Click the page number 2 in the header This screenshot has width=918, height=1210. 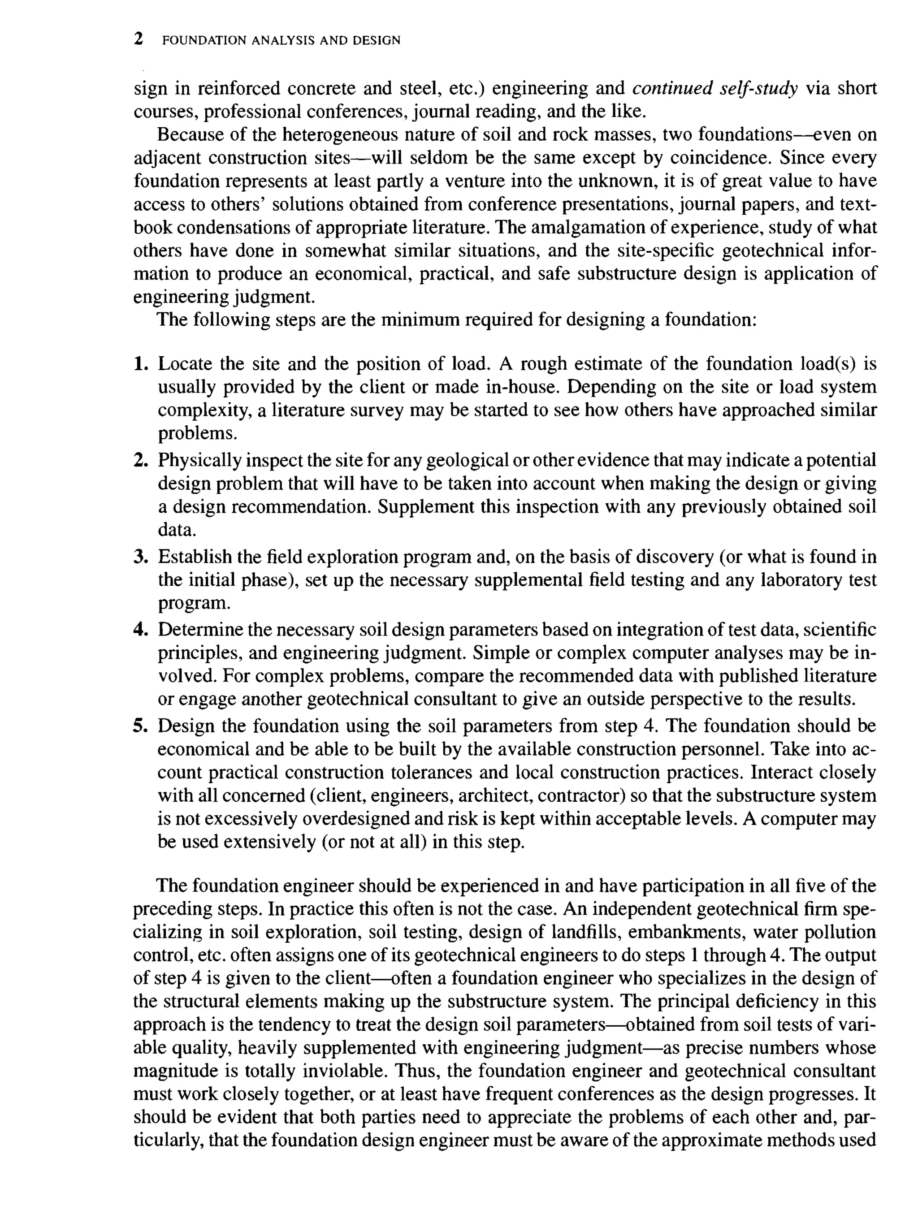click(139, 39)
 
